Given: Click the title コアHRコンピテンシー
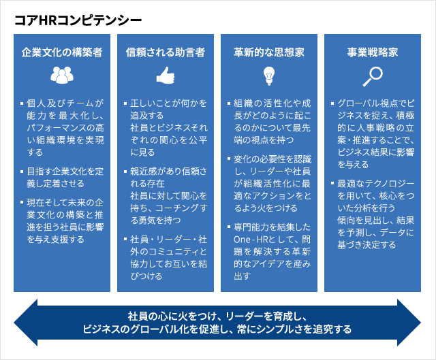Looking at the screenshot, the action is (x=78, y=20).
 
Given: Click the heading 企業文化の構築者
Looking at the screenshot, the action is (x=62, y=52).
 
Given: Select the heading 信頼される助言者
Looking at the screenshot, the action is (x=166, y=52).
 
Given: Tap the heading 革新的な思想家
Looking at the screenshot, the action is (x=269, y=52).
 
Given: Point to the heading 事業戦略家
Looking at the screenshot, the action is (x=373, y=52).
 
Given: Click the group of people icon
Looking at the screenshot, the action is (x=62, y=75).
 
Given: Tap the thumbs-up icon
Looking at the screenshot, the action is (x=166, y=76).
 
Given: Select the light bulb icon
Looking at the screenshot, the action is (x=269, y=76).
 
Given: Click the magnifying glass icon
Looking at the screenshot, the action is (x=373, y=77).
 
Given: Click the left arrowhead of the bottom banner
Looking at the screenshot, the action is (x=26, y=323).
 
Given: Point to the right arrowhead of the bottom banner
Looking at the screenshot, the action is (x=409, y=323).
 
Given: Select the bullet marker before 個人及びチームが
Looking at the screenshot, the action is (x=22, y=103).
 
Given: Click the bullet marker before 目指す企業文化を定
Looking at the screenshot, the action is (x=22, y=171).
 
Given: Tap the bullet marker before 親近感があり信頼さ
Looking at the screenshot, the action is (x=125, y=171).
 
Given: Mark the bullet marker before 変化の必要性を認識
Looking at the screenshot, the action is (x=229, y=159).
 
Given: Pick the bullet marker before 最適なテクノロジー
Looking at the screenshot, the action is (x=332, y=183).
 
